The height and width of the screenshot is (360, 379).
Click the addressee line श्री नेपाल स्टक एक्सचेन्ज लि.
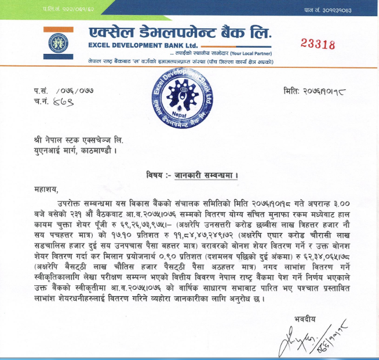click(x=93, y=139)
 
